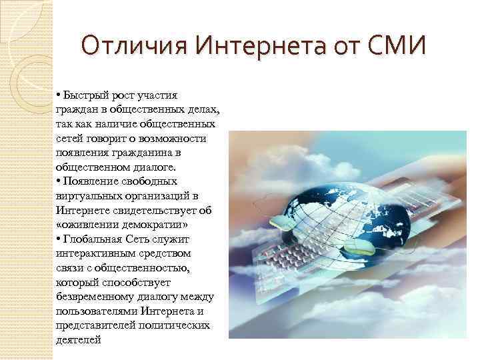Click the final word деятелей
pyautogui.click(x=79, y=339)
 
